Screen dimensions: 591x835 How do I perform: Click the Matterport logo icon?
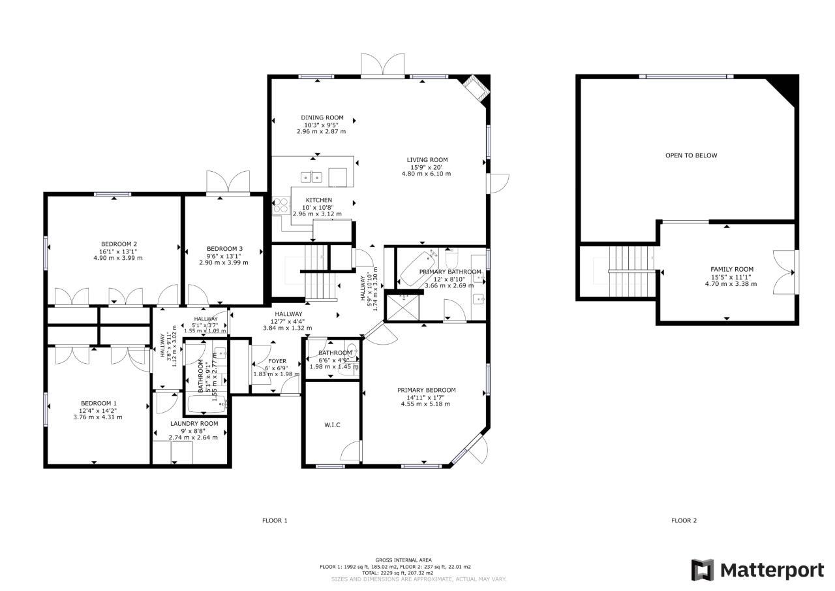[703, 570]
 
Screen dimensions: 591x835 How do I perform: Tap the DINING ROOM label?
[322, 118]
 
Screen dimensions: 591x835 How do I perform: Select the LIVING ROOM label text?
[427, 160]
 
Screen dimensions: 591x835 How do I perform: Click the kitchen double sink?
[311, 177]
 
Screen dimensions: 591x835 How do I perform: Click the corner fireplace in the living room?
[474, 88]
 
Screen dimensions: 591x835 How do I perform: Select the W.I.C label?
[332, 425]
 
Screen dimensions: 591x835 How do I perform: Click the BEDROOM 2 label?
[118, 244]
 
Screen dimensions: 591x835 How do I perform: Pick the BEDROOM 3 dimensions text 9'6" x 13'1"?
[224, 256]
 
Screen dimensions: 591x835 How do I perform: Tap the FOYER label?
[277, 361]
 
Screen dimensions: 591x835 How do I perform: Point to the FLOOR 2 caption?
[684, 520]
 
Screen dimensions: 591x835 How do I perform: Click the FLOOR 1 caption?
[275, 520]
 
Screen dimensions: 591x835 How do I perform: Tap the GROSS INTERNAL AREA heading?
[403, 560]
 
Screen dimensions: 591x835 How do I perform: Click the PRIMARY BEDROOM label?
[426, 391]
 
